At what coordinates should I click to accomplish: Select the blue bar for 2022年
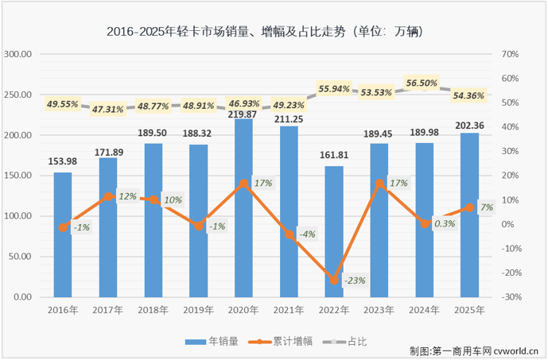pos(334,234)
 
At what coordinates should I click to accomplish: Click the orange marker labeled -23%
pos(334,281)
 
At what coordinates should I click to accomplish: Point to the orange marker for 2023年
pos(379,184)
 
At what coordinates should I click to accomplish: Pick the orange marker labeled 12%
pos(108,195)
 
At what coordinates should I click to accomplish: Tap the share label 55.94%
pos(336,88)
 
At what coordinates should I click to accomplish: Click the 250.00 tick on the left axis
pos(17,95)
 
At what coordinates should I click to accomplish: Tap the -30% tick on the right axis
pos(512,297)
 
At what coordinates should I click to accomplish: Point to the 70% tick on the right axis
pos(511,54)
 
